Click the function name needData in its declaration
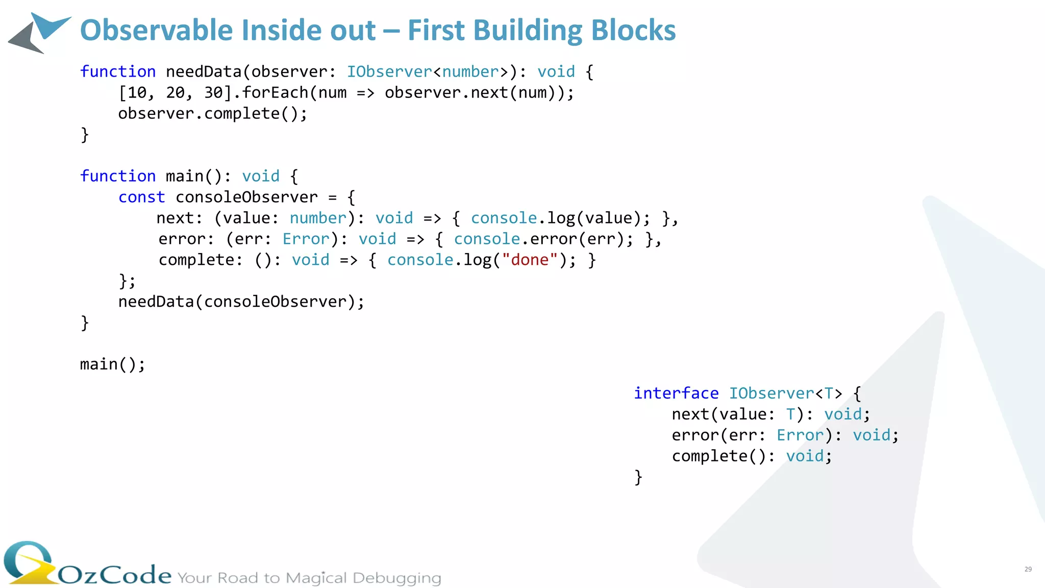coord(204,72)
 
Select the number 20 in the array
coord(176,93)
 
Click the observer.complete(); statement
coord(213,114)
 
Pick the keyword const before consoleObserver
coord(142,198)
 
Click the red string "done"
coord(530,260)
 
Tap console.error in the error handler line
coord(515,239)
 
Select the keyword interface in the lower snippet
coord(676,394)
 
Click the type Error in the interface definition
coord(800,435)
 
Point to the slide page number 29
coord(1028,569)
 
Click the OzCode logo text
coord(115,575)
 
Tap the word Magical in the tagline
coord(316,578)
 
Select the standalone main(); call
coord(112,364)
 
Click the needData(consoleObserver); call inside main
coord(241,302)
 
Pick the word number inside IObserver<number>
coord(470,72)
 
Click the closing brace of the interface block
coord(638,477)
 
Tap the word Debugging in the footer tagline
coord(396,578)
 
